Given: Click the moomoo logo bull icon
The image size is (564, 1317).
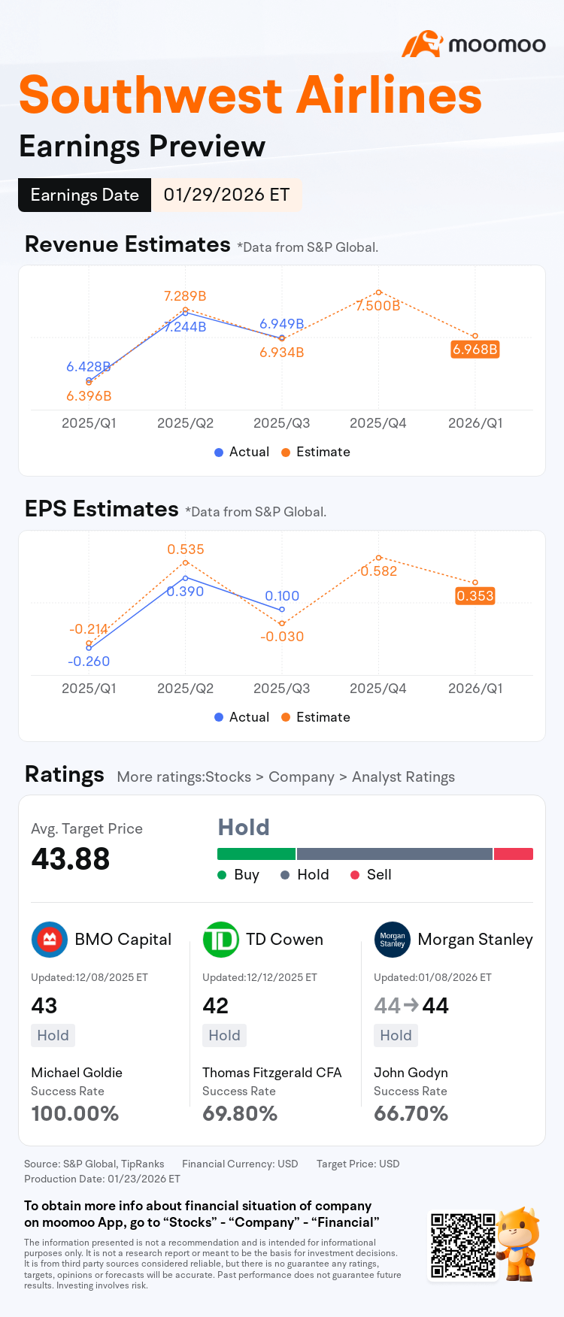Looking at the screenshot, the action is click(x=422, y=44).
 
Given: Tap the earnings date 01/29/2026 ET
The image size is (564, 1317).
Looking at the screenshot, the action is click(x=226, y=195).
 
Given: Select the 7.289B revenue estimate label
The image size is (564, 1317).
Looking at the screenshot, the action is click(x=185, y=296).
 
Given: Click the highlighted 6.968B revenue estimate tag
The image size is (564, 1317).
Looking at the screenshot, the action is click(x=475, y=350).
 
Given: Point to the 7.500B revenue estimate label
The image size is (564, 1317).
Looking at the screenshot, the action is click(x=378, y=306).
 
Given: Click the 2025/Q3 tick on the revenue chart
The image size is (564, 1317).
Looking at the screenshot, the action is click(x=281, y=423).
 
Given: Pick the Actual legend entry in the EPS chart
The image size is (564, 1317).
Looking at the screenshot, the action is click(x=241, y=717).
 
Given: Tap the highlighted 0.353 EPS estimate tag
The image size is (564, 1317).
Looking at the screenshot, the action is click(x=475, y=596).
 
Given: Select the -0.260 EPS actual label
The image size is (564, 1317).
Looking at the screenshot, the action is click(x=89, y=662).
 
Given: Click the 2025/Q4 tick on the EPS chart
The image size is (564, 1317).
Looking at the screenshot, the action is click(x=378, y=689).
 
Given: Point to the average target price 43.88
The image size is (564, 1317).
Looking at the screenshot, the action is click(x=71, y=858).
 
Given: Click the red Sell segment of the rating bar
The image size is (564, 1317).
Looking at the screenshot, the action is click(x=514, y=854).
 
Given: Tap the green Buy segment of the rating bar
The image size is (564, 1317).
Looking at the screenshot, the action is click(x=256, y=854).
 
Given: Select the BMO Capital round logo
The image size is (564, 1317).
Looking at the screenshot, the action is click(x=50, y=940).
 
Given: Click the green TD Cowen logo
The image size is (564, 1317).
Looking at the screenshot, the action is click(x=221, y=940).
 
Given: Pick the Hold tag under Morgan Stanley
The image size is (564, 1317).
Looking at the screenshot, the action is click(x=396, y=1036).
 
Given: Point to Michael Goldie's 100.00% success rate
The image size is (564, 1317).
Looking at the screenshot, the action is click(x=75, y=1113).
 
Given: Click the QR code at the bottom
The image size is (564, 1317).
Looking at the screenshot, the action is click(x=463, y=1245).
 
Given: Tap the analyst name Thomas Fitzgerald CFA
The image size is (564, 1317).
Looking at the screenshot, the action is click(x=272, y=1073).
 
